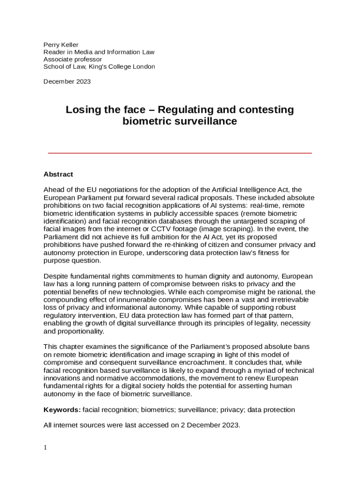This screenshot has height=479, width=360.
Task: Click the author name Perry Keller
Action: point(61,45)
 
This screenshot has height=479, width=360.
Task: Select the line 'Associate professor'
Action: point(72,59)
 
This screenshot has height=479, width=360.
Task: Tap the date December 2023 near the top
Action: point(67,81)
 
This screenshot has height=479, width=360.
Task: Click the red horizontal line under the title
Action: point(180,153)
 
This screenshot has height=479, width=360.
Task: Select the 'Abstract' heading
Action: point(58,174)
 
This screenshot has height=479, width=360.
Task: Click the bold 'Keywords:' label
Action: point(62,410)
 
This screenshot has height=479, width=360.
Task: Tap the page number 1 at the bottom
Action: point(45,447)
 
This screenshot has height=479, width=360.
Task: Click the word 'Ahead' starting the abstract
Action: point(53,189)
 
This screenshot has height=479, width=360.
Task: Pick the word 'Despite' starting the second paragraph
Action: point(55,276)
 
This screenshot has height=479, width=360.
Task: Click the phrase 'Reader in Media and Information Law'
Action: point(99,52)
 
